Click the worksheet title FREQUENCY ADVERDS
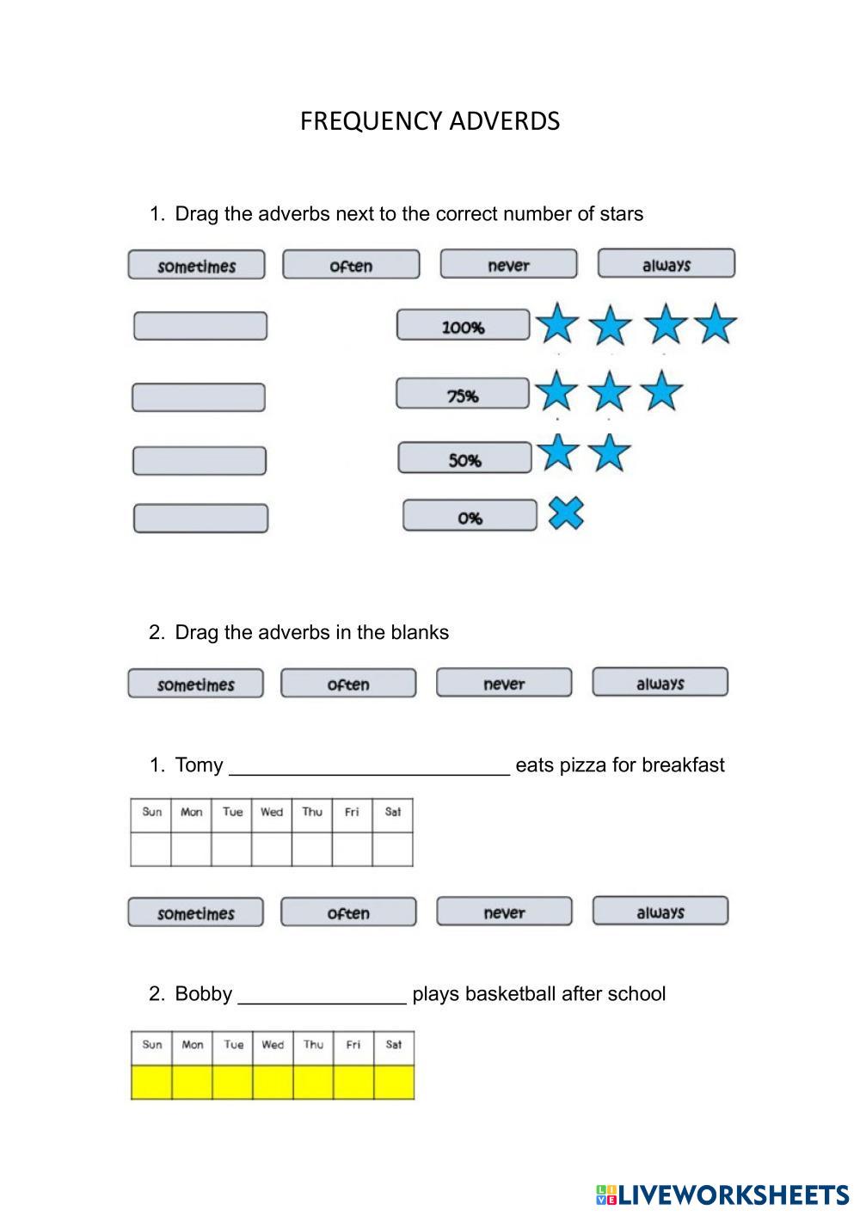[430, 121]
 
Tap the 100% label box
[463, 326]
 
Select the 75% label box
[462, 395]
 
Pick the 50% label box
[464, 459]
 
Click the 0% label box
[470, 517]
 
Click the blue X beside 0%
[566, 513]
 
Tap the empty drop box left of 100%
[200, 326]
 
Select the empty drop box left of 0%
[200, 519]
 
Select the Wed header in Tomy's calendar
[272, 812]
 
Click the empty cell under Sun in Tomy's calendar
[151, 849]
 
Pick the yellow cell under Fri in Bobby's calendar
[353, 1082]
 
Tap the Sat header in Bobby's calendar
[394, 1045]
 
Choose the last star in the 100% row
[716, 325]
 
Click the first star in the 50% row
[558, 452]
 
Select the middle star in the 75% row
[610, 391]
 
